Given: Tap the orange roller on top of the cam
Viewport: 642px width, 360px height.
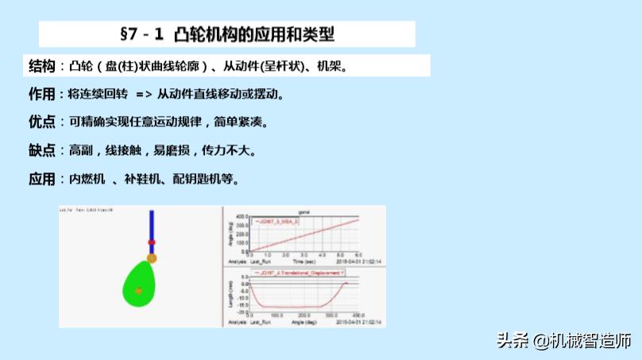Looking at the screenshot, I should (x=152, y=257).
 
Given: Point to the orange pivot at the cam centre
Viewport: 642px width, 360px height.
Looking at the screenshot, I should (x=139, y=291).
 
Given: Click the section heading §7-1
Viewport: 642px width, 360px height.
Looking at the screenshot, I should (x=227, y=34).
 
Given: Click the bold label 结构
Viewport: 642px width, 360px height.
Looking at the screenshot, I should (x=41, y=65).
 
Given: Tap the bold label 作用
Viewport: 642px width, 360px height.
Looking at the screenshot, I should (x=41, y=94).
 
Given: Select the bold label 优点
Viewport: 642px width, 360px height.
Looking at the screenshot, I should (x=41, y=122).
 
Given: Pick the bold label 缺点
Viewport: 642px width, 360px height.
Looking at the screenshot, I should (x=41, y=150).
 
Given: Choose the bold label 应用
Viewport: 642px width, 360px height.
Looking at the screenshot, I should (x=41, y=179).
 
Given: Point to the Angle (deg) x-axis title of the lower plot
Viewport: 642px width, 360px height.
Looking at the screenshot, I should (x=303, y=323).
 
